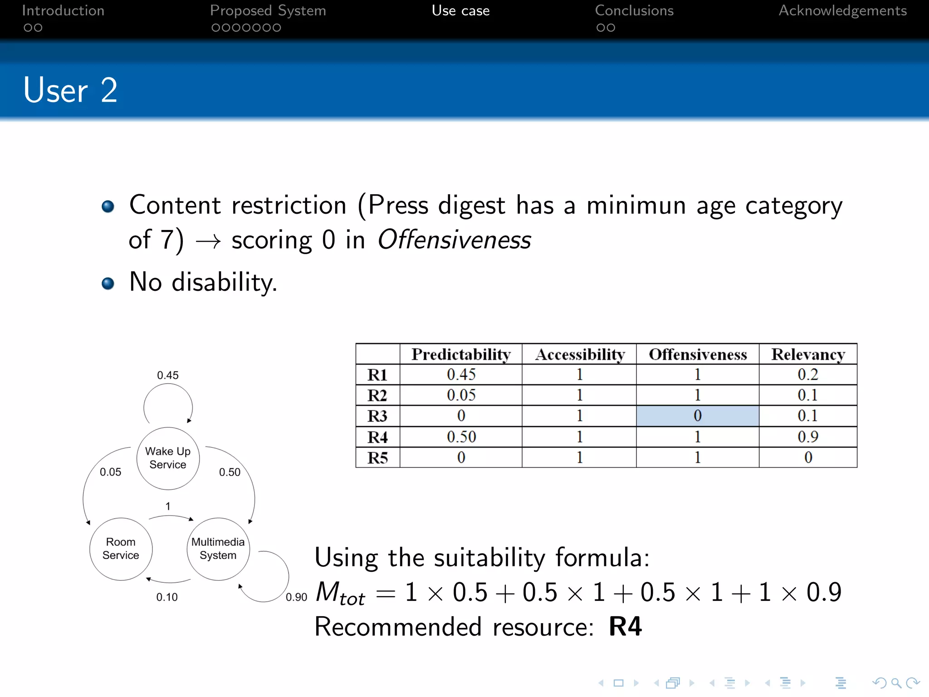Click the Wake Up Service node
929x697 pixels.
click(168, 458)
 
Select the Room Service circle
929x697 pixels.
click(121, 549)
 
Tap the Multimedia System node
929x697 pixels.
click(218, 549)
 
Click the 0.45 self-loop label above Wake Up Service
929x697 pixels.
click(168, 375)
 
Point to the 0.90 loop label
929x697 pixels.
click(296, 597)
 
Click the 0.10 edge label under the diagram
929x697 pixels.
click(167, 597)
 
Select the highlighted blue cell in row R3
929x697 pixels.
click(697, 416)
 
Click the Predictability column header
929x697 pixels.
click(461, 354)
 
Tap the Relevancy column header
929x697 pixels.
click(808, 354)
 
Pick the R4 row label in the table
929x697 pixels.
click(377, 437)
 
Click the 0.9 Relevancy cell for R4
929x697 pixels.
click(808, 437)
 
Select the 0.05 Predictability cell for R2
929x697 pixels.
click(461, 395)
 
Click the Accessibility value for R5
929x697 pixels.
click(579, 457)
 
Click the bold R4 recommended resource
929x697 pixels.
click(625, 627)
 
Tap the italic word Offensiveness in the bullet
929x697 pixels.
click(454, 240)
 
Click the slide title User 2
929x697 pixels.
click(70, 90)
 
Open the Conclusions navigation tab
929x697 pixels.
click(634, 11)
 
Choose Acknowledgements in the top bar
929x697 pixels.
click(842, 11)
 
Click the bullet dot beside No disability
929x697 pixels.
click(108, 284)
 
